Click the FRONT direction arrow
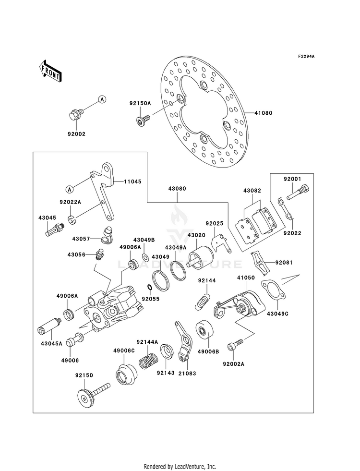pyautogui.click(x=50, y=71)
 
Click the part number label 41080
pyautogui.click(x=264, y=113)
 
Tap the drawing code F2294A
pyautogui.click(x=306, y=57)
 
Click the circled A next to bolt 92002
pyautogui.click(x=102, y=99)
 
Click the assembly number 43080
pyautogui.click(x=177, y=189)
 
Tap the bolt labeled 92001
pyautogui.click(x=298, y=192)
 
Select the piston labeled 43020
pyautogui.click(x=200, y=257)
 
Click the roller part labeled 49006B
pyautogui.click(x=205, y=332)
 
